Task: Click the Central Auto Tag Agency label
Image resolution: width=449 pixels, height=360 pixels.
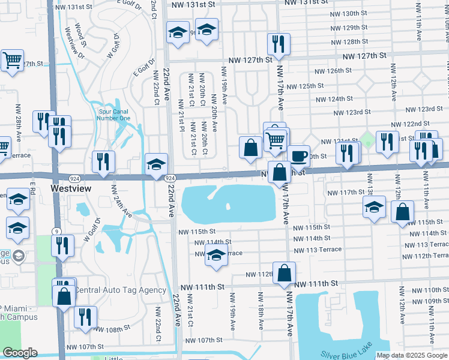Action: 119,290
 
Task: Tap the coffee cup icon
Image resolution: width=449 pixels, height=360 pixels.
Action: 299,157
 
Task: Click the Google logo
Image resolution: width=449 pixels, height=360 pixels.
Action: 20,353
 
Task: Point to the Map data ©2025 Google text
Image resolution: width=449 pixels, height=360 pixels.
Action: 412,355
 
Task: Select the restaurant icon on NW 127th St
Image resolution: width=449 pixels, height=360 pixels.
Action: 279,44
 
